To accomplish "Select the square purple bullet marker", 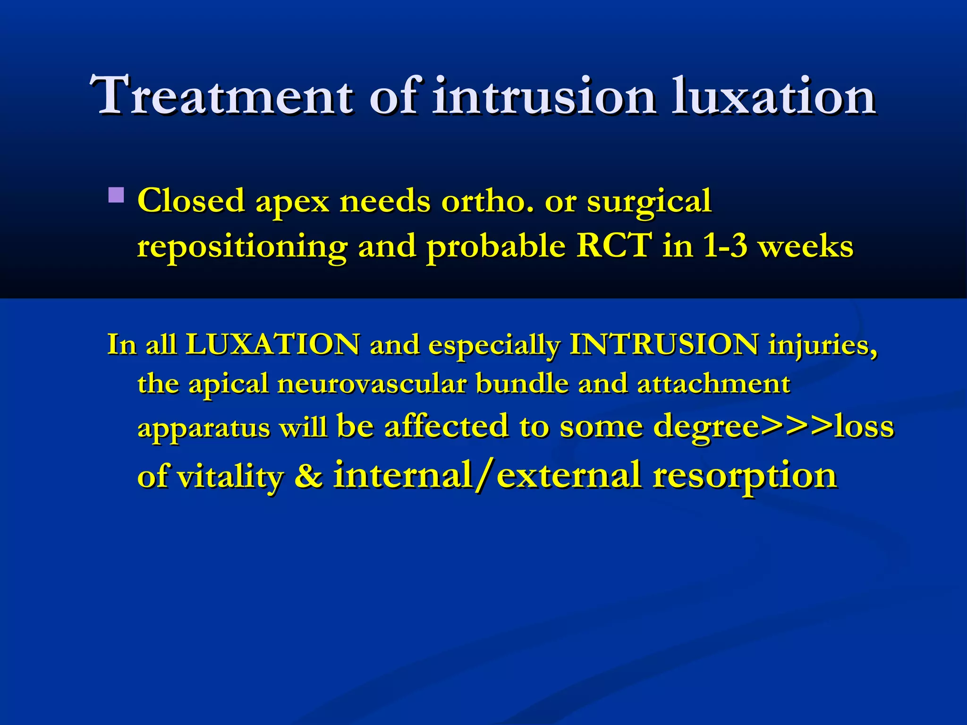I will (x=116, y=195).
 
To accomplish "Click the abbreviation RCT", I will (x=614, y=245).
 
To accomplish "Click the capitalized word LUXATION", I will (x=273, y=344).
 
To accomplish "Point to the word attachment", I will (x=713, y=383).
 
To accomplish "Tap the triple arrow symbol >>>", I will (x=797, y=426).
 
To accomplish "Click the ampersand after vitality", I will (x=308, y=476).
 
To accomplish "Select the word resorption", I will (x=745, y=476).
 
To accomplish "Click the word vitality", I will (x=230, y=477).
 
